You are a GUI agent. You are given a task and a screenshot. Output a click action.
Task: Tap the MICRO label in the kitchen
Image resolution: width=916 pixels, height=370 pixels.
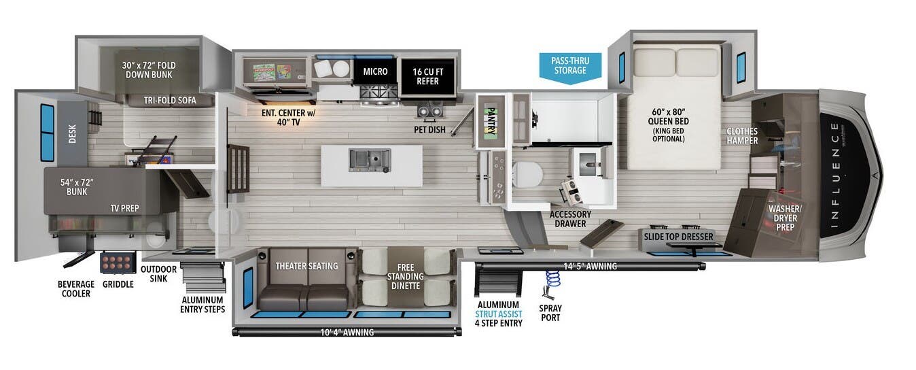coord(375,71)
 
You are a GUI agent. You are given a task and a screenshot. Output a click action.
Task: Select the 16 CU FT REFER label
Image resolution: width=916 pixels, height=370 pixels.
coord(427,75)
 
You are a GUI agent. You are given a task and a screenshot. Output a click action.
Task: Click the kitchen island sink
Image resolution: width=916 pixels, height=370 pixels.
coord(369,160)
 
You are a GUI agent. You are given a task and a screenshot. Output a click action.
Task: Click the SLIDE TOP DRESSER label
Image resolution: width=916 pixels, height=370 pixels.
coord(679,237)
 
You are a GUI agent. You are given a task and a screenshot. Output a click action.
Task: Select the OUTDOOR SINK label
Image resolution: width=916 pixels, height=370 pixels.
coord(158,274)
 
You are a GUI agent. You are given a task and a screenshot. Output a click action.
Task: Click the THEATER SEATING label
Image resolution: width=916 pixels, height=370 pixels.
coord(306,266)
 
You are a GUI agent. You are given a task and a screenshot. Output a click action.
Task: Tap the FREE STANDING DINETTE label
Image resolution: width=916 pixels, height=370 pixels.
coord(406,276)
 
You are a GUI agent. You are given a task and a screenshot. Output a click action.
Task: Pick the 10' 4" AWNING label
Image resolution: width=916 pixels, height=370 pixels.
coord(347,333)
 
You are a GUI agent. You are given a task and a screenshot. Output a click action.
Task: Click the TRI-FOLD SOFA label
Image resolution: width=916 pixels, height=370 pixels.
coord(170,101)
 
